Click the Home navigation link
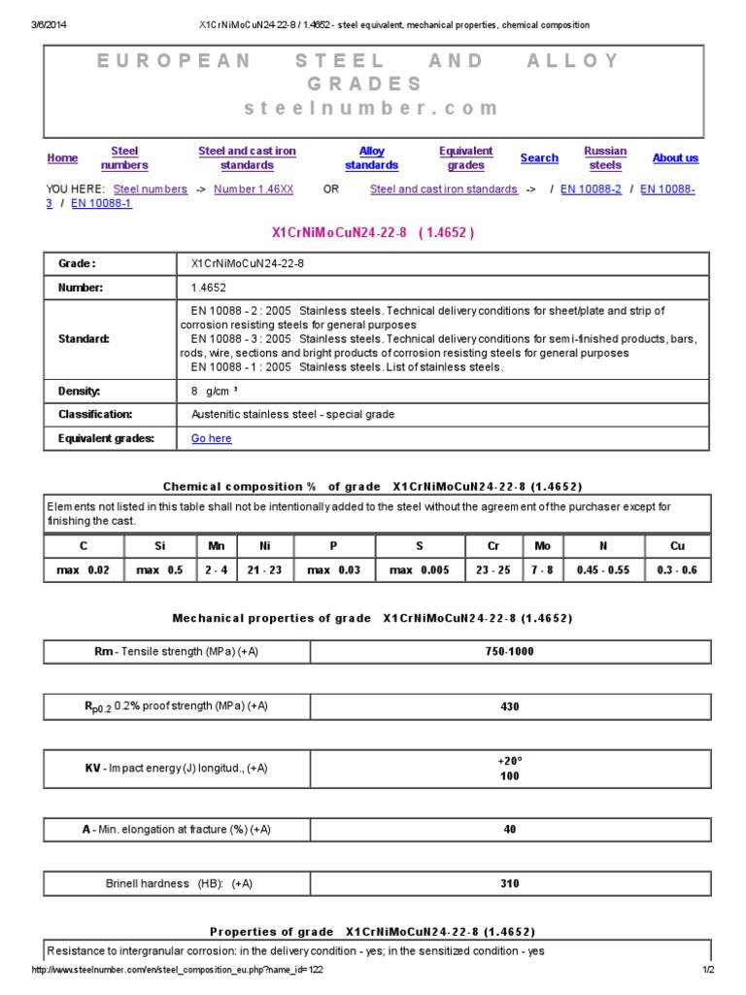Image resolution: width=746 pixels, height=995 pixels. [x=62, y=158]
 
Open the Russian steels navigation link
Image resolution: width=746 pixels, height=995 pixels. [x=605, y=158]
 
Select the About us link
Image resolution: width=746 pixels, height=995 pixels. [x=675, y=158]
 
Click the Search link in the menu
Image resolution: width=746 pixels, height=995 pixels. [x=539, y=158]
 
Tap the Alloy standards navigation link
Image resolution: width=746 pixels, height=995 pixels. [x=372, y=158]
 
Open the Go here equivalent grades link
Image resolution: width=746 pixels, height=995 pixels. [x=212, y=438]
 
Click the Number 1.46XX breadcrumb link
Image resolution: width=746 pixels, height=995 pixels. [x=254, y=189]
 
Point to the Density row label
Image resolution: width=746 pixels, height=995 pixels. [x=80, y=391]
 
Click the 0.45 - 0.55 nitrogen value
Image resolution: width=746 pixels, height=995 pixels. [x=603, y=570]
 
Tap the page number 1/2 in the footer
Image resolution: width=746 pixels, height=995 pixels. [x=708, y=971]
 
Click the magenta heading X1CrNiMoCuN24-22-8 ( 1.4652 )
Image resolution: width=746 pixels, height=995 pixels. [x=372, y=233]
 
